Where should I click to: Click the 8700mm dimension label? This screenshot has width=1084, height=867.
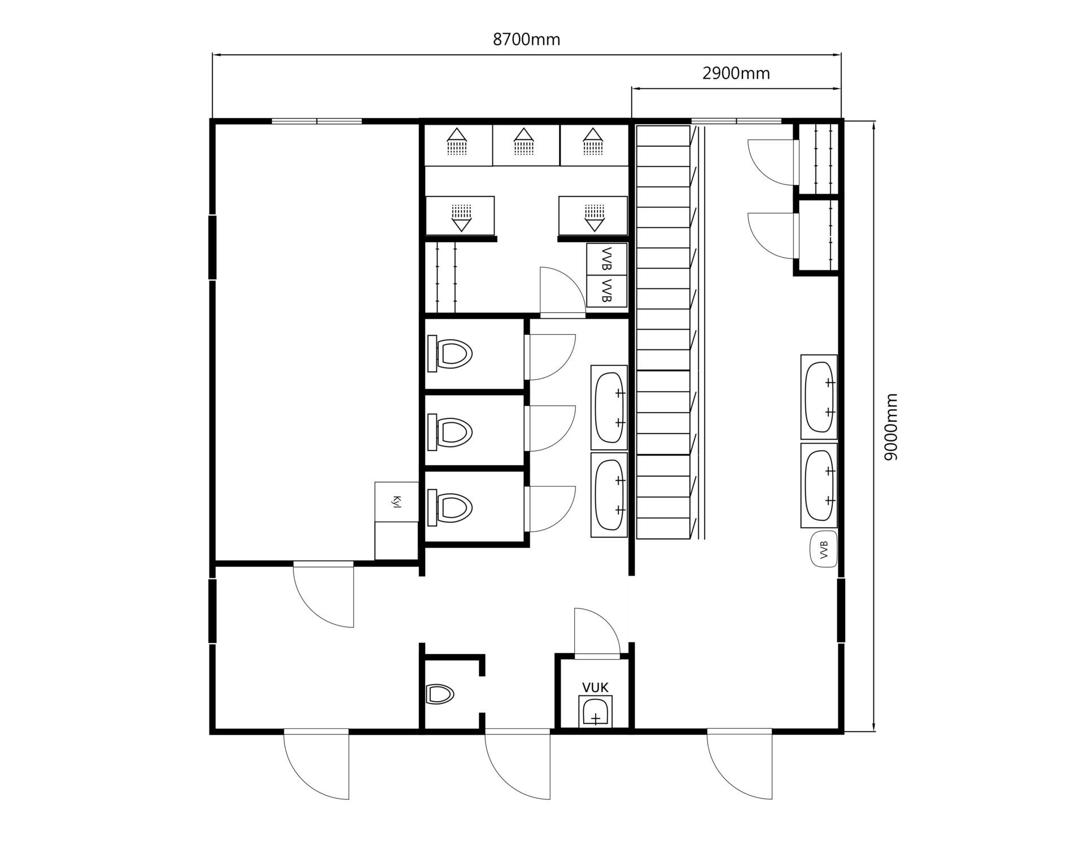point(526,40)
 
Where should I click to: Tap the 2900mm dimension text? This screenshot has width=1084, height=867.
point(736,73)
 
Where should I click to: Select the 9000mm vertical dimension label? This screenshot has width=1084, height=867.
point(890,427)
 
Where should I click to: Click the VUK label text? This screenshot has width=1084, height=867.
point(595,688)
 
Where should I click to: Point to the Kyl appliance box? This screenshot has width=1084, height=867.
point(396,502)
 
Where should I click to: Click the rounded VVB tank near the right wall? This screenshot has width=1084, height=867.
point(824,549)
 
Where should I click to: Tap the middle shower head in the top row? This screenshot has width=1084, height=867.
point(524,141)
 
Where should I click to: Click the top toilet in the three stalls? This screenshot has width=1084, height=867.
point(449,354)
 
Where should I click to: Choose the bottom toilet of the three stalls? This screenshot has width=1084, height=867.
point(449,506)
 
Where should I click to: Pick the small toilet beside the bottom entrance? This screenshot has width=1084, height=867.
point(440,694)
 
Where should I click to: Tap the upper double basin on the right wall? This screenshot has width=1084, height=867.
point(819,397)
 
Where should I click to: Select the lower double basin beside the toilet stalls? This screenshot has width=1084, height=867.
point(609,494)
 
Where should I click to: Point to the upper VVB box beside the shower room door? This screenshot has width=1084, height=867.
point(606,259)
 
